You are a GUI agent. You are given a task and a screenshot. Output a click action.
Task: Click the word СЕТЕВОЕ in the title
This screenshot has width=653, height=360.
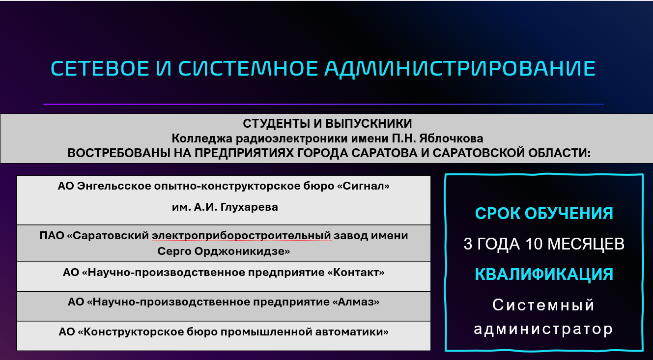[100, 69]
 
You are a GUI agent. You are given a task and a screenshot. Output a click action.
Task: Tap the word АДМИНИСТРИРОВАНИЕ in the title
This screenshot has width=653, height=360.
[460, 69]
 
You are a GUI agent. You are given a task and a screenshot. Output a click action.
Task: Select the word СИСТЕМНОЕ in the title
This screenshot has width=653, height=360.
[248, 69]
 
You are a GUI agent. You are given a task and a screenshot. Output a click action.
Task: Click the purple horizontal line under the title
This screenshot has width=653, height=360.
[324, 104]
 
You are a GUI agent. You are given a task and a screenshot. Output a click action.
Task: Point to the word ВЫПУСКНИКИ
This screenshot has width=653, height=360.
[369, 124]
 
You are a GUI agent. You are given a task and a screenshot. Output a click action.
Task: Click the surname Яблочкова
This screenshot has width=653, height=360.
[451, 138]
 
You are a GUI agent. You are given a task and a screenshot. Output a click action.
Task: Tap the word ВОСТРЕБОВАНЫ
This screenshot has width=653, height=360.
[118, 153]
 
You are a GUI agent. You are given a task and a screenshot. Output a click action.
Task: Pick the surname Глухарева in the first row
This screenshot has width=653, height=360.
[249, 207]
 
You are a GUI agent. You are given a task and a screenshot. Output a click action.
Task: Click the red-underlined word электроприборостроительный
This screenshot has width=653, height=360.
[241, 236]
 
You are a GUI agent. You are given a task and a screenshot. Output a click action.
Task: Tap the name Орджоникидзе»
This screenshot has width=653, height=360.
[242, 251]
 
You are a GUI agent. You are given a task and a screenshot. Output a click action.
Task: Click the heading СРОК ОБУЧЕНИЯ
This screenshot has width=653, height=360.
[544, 213]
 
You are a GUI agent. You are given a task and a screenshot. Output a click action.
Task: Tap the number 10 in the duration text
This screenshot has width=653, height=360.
[534, 244]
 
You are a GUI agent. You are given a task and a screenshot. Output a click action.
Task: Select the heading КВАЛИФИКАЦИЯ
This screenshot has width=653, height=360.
[544, 275]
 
